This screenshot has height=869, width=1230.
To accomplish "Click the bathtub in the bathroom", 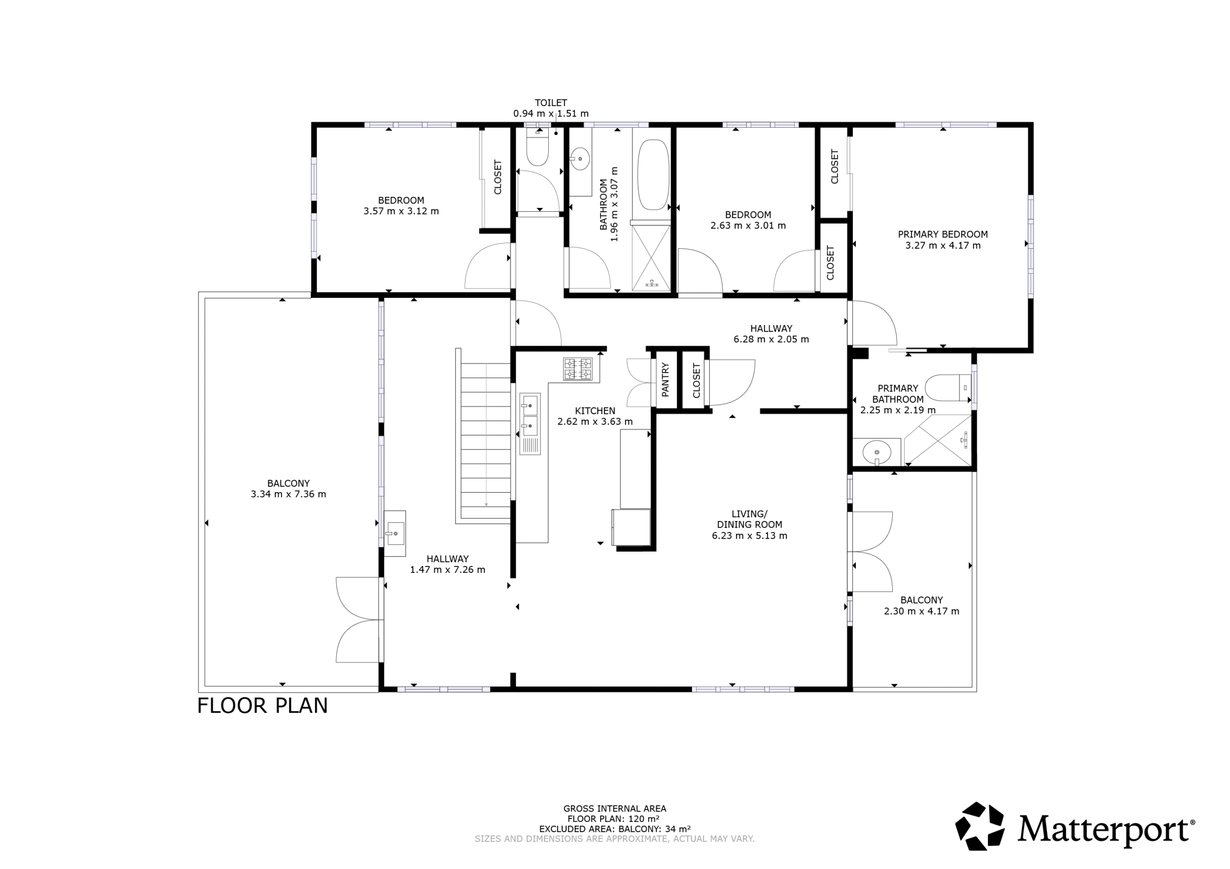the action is click(653, 175).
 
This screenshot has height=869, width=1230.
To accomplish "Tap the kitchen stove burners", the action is click(578, 369).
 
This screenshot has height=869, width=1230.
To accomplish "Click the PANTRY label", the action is click(665, 380).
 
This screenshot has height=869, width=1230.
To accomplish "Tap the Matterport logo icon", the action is click(980, 826).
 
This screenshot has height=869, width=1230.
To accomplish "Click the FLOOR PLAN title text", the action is click(262, 706).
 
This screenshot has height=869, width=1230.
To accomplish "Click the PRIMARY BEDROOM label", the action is click(943, 234).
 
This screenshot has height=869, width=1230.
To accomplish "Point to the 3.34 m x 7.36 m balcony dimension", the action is click(288, 494).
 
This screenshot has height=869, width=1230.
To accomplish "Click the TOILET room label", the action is click(551, 103).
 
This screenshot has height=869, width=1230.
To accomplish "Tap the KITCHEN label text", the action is click(595, 410).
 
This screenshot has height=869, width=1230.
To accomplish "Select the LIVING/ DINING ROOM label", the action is click(750, 519).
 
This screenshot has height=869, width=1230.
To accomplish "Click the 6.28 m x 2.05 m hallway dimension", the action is click(771, 339).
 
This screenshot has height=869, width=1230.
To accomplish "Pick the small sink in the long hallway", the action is click(395, 533).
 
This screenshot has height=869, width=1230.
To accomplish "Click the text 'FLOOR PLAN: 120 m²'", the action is click(614, 819).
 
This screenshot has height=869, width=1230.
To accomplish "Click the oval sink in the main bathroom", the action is click(579, 158).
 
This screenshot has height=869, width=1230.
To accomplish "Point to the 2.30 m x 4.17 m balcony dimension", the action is click(922, 611).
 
